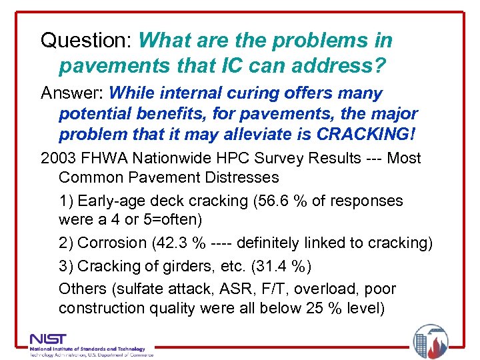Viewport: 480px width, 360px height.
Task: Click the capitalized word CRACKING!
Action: pos(366,134)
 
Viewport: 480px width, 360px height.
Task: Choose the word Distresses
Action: pos(245,178)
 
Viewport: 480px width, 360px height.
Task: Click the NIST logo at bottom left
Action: pos(48,339)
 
